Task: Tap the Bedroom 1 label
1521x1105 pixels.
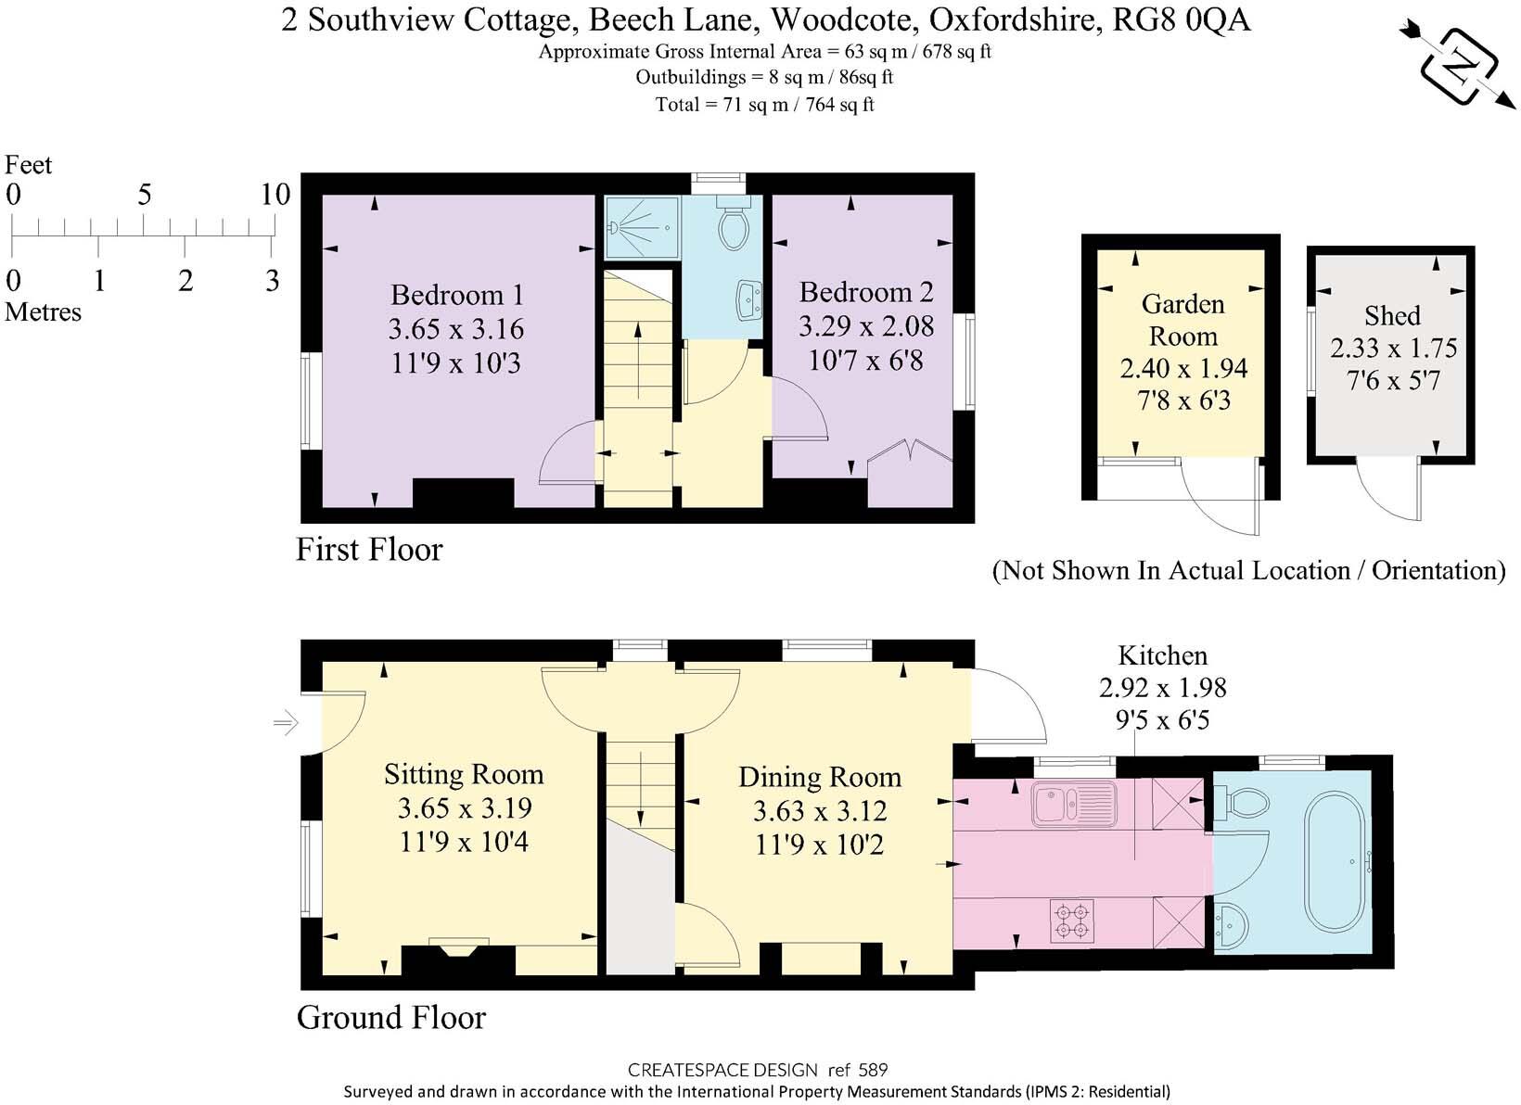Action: pos(457,295)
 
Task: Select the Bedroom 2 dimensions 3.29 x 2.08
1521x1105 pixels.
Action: pos(866,326)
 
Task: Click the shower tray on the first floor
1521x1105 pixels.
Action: pos(640,226)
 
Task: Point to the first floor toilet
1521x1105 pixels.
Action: pos(734,225)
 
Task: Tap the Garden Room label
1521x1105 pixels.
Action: pos(1182,320)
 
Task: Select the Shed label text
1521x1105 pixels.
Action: pos(1392,315)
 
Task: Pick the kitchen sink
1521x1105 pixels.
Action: pos(1073,803)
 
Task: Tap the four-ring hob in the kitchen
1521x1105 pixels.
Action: pos(1071,921)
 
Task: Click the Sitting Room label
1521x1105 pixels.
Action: pos(464,774)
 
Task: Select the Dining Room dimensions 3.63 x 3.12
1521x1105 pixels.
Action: pos(820,811)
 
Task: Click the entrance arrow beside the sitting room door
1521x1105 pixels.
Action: pos(287,721)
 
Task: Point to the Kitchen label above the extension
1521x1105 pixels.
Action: pos(1162,655)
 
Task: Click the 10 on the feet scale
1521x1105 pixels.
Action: pos(275,195)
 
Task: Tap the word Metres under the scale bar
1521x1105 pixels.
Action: pos(43,312)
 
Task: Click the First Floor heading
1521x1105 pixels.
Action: pos(369,550)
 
